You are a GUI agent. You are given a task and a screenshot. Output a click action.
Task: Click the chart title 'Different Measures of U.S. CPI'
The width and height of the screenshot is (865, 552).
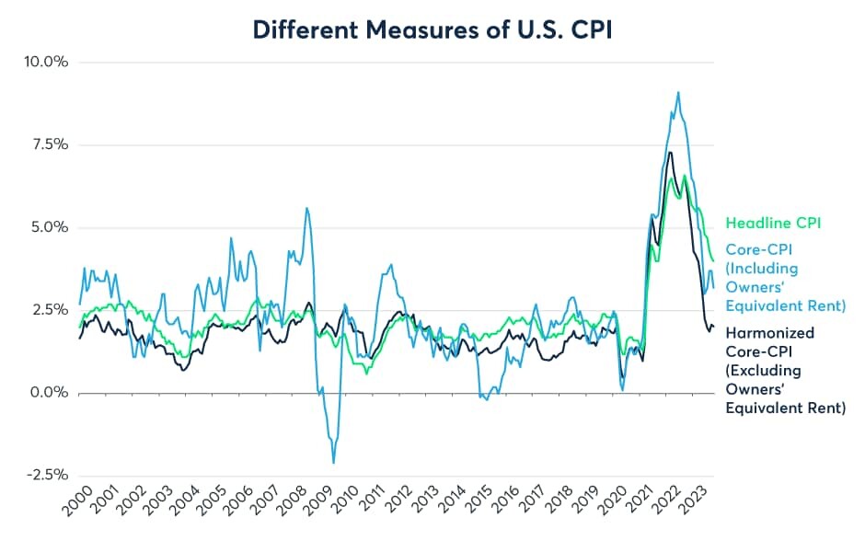pyautogui.click(x=432, y=29)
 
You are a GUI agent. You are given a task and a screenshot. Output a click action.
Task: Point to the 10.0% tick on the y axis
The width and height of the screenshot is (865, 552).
pyautogui.click(x=46, y=62)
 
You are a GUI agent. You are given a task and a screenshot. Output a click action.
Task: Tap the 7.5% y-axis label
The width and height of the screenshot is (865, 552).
pyautogui.click(x=50, y=144)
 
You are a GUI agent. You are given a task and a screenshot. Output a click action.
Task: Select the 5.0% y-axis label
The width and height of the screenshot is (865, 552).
pyautogui.click(x=50, y=227)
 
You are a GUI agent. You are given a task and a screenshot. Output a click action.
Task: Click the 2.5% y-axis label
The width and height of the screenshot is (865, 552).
pyautogui.click(x=50, y=310)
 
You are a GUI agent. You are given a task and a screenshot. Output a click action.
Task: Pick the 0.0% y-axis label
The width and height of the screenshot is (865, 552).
pyautogui.click(x=50, y=393)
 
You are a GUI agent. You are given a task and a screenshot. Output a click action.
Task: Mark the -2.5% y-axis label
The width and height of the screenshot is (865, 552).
pyautogui.click(x=48, y=475)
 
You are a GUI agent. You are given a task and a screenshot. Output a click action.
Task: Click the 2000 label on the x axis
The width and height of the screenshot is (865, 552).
pyautogui.click(x=77, y=500)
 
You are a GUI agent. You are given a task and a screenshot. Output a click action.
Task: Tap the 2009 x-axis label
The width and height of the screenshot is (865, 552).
pyautogui.click(x=317, y=500)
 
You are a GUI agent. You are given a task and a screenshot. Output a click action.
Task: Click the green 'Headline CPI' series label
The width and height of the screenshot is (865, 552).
pyautogui.click(x=773, y=223)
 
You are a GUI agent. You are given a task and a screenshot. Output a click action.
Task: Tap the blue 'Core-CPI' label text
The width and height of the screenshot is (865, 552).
pyautogui.click(x=759, y=250)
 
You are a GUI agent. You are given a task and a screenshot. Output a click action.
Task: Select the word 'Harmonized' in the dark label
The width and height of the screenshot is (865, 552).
pyautogui.click(x=769, y=333)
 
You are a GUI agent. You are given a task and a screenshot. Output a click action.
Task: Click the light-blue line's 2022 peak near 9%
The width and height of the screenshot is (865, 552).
pyautogui.click(x=678, y=93)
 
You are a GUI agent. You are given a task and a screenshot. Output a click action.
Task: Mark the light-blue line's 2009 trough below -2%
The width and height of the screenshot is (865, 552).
pyautogui.click(x=333, y=462)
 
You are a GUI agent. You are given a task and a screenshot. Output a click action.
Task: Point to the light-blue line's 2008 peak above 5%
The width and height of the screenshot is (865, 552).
pyautogui.click(x=306, y=209)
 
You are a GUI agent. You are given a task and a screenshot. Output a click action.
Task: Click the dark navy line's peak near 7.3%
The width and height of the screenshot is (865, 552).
pyautogui.click(x=670, y=153)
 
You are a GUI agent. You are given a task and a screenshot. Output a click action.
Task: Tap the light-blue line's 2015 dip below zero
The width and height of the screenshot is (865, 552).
pyautogui.click(x=486, y=398)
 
